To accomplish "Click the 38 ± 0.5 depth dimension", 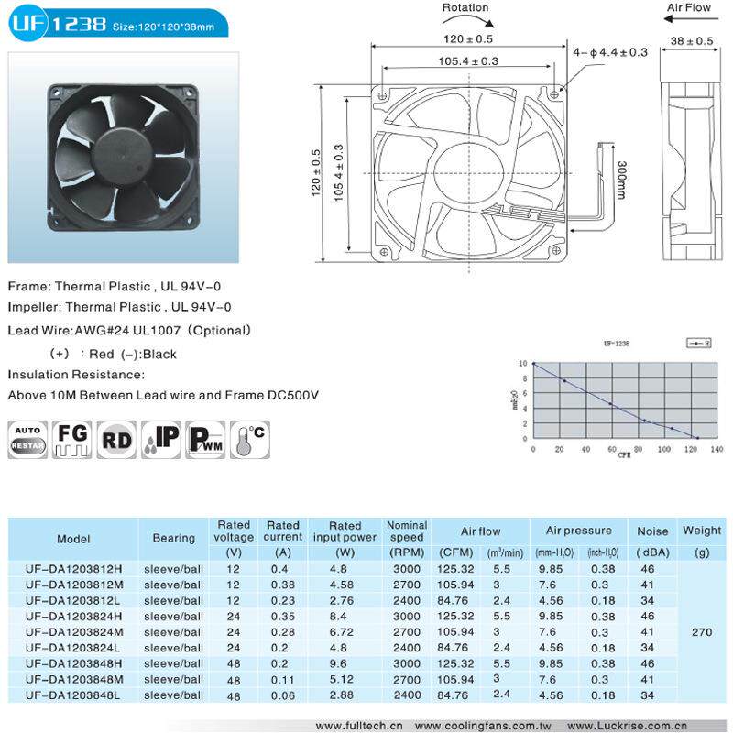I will [x=692, y=41].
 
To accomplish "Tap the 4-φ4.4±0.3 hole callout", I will [x=610, y=52].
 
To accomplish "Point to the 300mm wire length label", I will [x=621, y=182].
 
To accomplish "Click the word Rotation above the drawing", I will [x=465, y=8].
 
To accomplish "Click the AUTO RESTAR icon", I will [x=27, y=440].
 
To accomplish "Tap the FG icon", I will [x=72, y=440].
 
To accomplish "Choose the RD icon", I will [x=117, y=440].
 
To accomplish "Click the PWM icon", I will [x=205, y=440].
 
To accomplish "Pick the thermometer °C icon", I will [x=249, y=440].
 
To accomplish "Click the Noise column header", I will [x=652, y=531].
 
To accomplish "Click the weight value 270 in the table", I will [x=702, y=630].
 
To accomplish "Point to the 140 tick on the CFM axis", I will [x=717, y=449].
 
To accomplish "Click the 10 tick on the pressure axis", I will [x=522, y=364].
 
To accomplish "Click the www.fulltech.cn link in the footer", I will [x=359, y=725].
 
